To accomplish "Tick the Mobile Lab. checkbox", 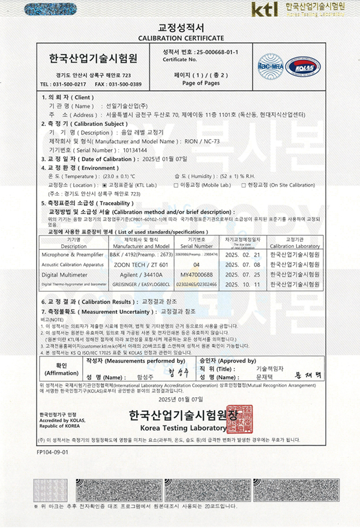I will [x=175, y=186].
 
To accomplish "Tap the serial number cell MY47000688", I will [x=196, y=274].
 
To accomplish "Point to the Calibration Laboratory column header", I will [x=295, y=246].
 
